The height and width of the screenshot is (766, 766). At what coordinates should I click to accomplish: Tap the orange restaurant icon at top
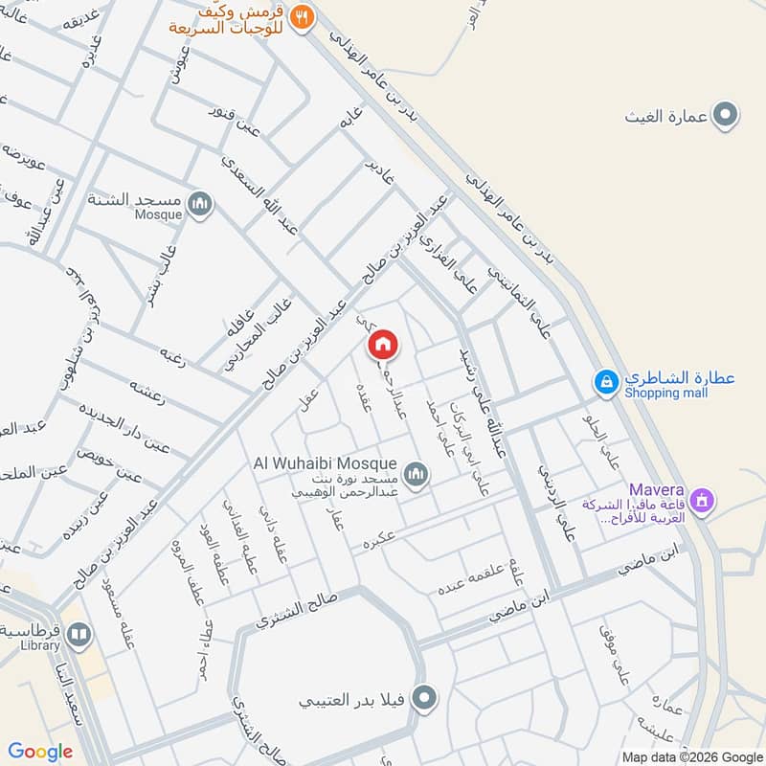[x=303, y=16]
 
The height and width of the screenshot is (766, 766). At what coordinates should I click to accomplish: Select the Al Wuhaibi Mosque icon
[x=416, y=472]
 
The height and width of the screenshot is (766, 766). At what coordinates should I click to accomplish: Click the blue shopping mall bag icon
[x=605, y=383]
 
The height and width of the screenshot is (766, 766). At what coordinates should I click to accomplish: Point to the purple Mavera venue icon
[x=703, y=500]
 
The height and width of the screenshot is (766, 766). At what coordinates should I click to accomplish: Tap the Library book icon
[x=79, y=634]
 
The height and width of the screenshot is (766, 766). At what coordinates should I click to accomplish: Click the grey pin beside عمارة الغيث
[x=728, y=117]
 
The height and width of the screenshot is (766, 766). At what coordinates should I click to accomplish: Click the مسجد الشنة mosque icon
[x=200, y=203]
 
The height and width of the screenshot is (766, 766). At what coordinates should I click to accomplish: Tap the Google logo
[x=40, y=752]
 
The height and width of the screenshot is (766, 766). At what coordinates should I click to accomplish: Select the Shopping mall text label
[x=668, y=393]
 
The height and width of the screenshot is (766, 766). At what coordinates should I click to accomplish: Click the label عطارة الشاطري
[x=680, y=377]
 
